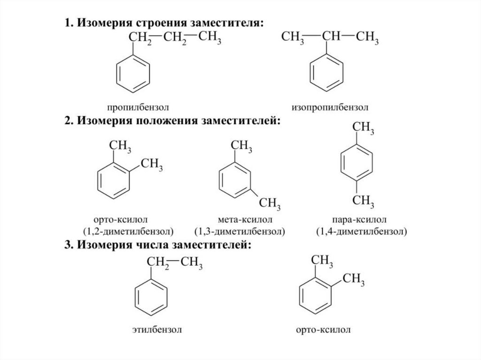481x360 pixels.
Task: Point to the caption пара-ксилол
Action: [359, 220]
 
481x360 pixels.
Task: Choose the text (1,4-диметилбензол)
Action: [361, 231]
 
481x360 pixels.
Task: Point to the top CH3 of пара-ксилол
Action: [363, 128]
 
